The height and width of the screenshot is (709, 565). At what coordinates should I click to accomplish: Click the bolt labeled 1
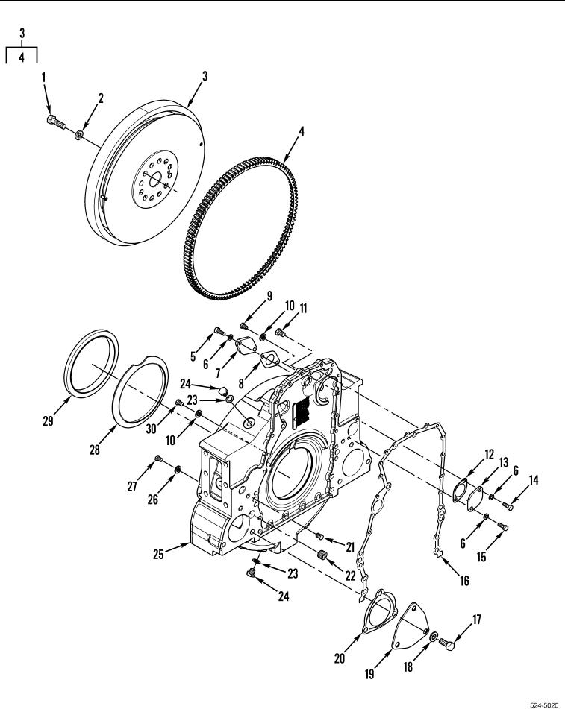pyautogui.click(x=56, y=122)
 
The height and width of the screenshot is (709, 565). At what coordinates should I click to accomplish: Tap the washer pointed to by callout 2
pyautogui.click(x=80, y=134)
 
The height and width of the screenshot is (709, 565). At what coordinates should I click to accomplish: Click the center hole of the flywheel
pyautogui.click(x=154, y=180)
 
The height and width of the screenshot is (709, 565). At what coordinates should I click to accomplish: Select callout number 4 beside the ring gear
pyautogui.click(x=302, y=131)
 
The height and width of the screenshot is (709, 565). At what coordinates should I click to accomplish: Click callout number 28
pyautogui.click(x=94, y=450)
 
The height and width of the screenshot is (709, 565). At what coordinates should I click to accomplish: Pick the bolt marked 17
pyautogui.click(x=447, y=644)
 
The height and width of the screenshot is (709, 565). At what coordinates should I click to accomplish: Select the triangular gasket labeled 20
pyautogui.click(x=379, y=612)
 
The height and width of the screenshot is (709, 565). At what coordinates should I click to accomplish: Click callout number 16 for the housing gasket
pyautogui.click(x=464, y=580)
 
